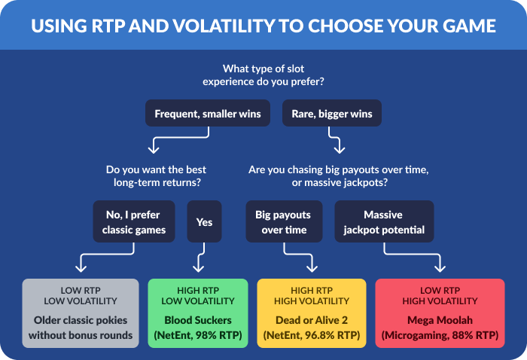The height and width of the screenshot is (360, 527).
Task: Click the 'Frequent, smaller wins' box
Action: (x=207, y=114)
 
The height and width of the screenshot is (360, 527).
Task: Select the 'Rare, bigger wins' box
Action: (x=332, y=114)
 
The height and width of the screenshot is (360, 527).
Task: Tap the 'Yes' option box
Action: (x=204, y=221)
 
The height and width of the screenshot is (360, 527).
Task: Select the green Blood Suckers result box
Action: (x=197, y=313)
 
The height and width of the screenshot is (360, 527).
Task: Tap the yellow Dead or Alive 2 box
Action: (x=312, y=313)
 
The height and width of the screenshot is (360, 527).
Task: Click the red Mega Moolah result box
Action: (x=440, y=313)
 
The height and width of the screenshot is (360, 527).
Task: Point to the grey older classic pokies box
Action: (x=81, y=313)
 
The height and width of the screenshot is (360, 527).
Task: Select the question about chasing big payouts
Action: (x=339, y=176)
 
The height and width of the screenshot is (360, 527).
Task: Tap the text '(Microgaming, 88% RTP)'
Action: (x=440, y=334)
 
